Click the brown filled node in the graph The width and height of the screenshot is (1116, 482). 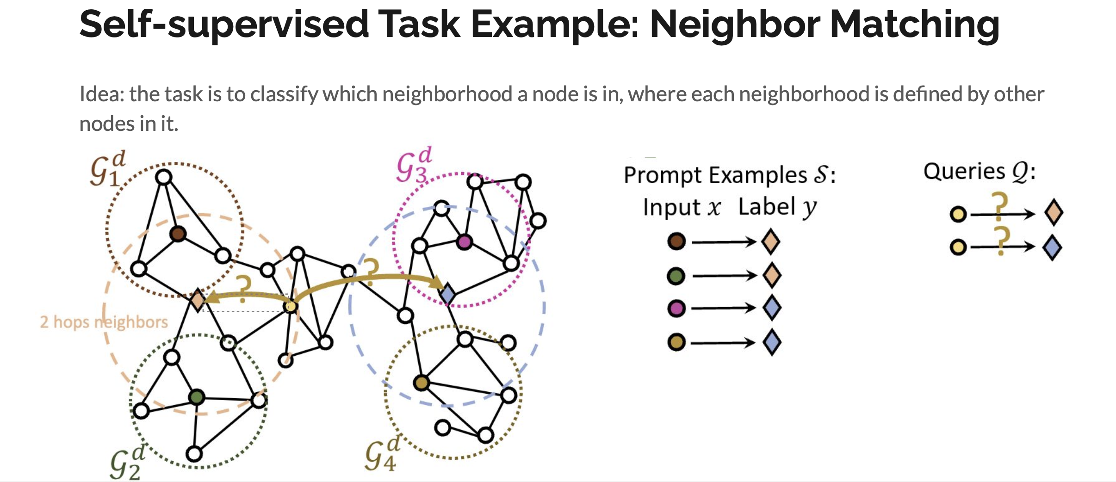pos(178,234)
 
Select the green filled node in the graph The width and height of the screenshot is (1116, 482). pos(197,396)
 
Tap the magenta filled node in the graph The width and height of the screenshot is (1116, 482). pos(464,241)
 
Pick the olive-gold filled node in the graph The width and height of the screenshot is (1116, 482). pos(421,383)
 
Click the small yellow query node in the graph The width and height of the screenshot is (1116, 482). pos(291,306)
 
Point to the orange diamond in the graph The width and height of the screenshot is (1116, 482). pos(198,300)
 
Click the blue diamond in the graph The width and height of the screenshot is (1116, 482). pos(447,293)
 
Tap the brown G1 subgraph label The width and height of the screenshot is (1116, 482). pos(107,169)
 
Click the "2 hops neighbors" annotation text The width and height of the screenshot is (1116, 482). pos(104,322)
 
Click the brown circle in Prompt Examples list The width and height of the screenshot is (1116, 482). pos(676,241)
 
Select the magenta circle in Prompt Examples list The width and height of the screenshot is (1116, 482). pos(676,308)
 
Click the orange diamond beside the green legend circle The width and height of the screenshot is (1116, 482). pos(771,275)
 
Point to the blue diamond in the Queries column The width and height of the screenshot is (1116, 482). pos(1052,247)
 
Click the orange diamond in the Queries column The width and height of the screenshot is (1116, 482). pos(1054,213)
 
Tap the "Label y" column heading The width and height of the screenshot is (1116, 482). pos(777,207)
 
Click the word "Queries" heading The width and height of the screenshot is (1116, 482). pos(964,172)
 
